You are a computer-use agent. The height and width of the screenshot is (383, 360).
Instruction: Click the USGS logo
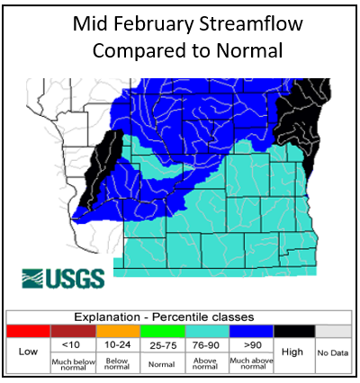pos(62,277)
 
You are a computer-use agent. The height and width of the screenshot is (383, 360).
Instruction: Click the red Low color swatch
pos(28,331)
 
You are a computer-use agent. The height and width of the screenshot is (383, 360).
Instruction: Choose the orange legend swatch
pos(117,331)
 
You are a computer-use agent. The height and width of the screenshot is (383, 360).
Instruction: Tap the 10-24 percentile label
pos(117,345)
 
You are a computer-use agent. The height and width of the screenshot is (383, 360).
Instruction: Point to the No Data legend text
pos(334,352)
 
